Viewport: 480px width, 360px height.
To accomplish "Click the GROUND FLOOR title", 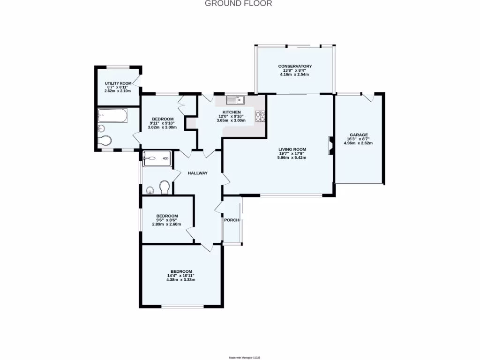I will coord(238,4).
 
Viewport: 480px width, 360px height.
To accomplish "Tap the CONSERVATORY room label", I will coord(294,66).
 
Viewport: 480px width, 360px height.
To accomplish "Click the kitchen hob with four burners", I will coord(260,116).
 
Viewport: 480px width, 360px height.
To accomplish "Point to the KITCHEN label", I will coord(232,112).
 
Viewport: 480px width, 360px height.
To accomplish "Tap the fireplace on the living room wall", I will coord(330,145).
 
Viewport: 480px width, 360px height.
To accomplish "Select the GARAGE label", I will coord(358,135).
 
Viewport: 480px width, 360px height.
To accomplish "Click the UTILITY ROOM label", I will coord(118,83).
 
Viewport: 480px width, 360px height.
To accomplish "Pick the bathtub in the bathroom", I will coord(112,115).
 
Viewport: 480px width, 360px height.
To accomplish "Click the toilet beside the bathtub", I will coord(106,141).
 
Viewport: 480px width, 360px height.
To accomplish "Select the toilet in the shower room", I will coord(165,187).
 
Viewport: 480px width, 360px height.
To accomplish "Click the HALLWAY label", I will coord(197,173).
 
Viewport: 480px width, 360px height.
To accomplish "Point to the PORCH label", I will coord(232,220).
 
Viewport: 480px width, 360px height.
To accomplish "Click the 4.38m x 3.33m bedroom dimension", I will coord(180,280).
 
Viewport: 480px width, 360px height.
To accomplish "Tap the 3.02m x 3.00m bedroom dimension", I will coord(162,127).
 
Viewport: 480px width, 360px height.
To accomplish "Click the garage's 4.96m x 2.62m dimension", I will coord(358,143).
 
